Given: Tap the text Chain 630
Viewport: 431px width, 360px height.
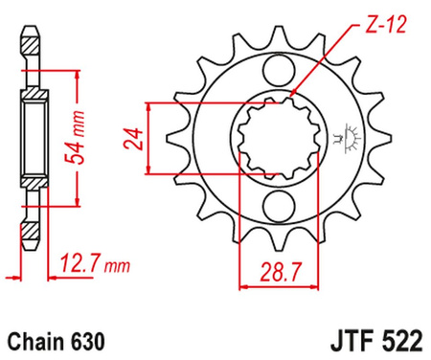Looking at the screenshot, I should (52, 339).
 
